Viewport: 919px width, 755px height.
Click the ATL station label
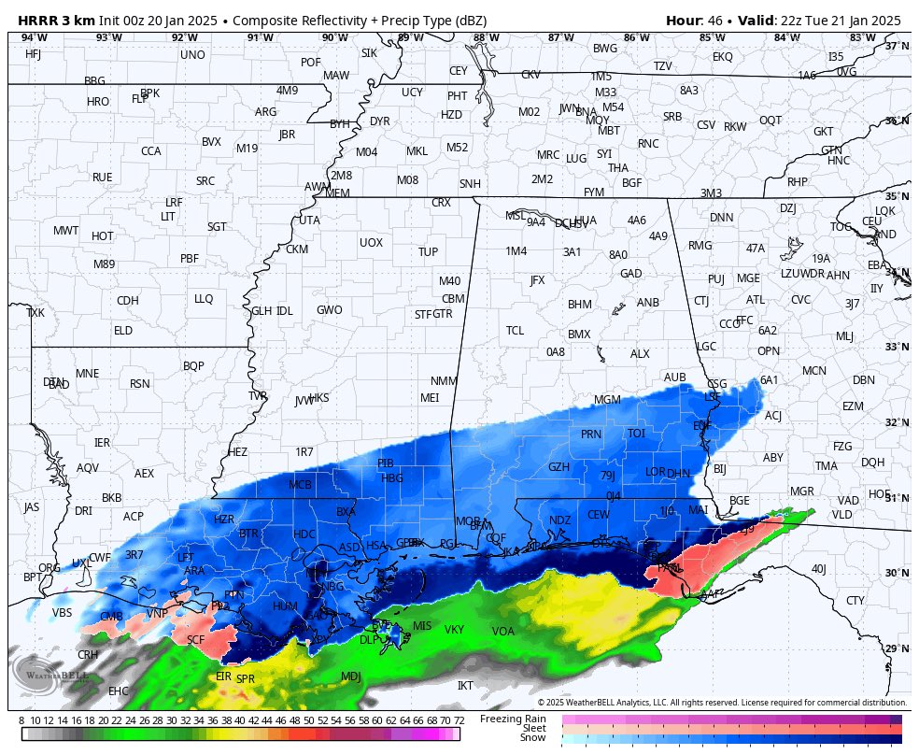click(x=755, y=300)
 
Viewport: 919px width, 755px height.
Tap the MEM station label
click(x=337, y=193)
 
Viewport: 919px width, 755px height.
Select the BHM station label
click(x=580, y=305)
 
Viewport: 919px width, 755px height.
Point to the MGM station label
click(x=607, y=400)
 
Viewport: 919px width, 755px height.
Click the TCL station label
click(x=515, y=331)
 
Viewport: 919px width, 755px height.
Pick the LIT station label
click(x=168, y=216)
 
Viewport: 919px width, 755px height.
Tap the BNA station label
click(x=586, y=112)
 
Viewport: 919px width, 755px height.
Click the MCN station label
click(x=814, y=371)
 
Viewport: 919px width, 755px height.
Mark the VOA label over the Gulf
click(x=503, y=632)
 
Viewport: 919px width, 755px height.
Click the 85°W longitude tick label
click(x=712, y=37)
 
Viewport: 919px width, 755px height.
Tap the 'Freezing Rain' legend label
click(x=513, y=719)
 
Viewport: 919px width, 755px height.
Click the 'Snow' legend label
click(x=532, y=738)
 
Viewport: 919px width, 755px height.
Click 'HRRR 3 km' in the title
click(x=56, y=21)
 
